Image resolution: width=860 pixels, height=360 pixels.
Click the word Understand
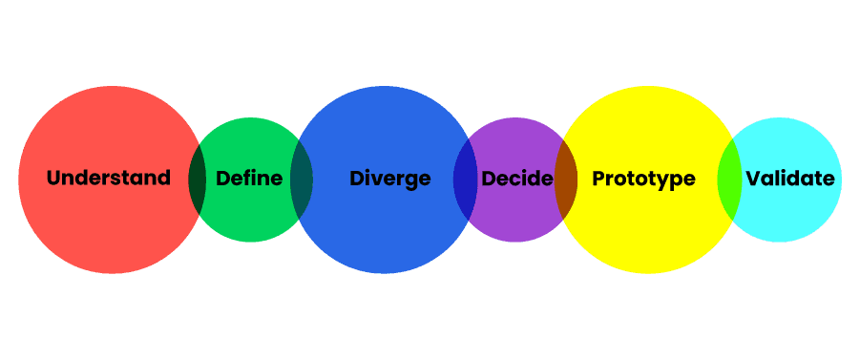(109, 179)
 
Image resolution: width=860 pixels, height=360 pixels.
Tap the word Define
(249, 179)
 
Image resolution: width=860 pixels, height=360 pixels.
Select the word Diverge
(389, 179)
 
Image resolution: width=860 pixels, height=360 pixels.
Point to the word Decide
(517, 179)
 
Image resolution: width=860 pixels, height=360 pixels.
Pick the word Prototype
(643, 179)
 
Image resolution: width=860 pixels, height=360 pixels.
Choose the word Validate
(790, 179)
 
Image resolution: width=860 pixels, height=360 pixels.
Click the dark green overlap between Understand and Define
(198, 180)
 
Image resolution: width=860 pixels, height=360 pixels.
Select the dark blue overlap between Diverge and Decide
(465, 180)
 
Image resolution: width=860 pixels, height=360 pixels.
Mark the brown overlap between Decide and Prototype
(566, 180)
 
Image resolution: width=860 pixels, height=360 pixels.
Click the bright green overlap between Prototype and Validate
(729, 180)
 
